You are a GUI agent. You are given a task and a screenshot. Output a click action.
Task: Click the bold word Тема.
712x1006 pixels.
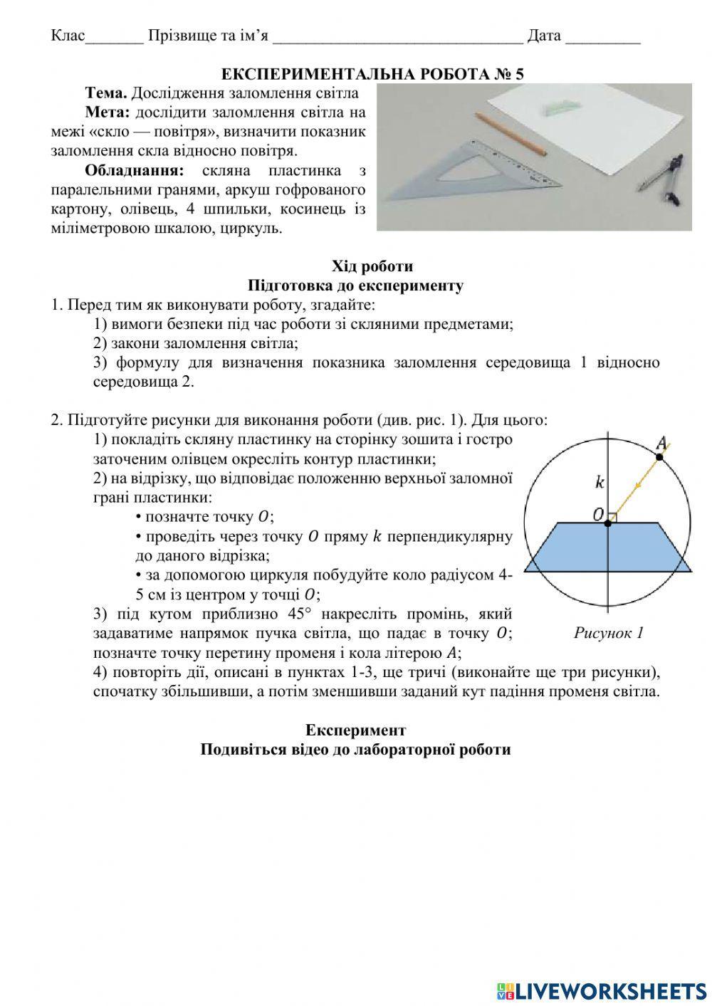[105, 93]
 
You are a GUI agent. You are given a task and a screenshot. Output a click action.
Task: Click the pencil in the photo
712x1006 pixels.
[509, 133]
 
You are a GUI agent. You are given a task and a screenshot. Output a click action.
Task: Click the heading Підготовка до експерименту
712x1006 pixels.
[356, 285]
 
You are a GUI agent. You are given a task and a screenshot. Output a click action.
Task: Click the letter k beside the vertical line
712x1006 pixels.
[600, 482]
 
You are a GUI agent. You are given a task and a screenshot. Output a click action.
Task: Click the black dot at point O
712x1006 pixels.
[607, 523]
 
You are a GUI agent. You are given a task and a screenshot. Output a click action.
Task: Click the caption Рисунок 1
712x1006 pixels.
[609, 632]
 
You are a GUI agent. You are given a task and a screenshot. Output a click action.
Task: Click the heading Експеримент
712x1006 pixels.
[355, 730]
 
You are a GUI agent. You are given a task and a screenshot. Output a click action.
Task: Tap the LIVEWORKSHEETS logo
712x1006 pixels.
[602, 990]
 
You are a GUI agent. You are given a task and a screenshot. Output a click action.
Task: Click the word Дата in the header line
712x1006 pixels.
[544, 36]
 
